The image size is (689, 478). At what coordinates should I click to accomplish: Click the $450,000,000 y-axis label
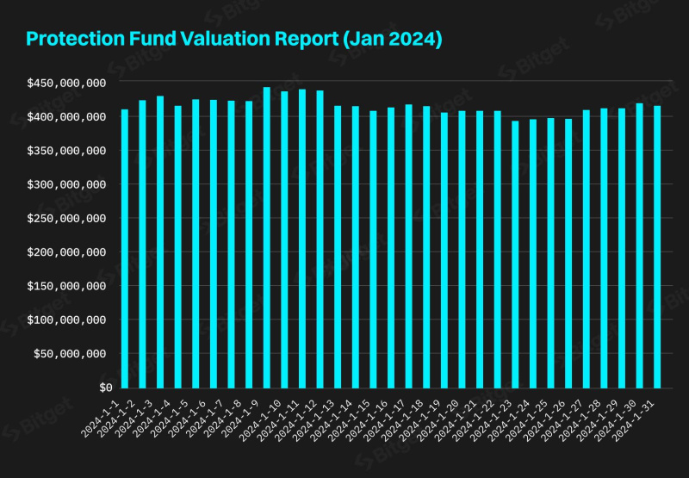tap(66, 83)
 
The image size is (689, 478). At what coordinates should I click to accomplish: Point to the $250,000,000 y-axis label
tap(66, 218)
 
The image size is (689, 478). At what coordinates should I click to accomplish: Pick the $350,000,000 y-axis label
tap(66, 151)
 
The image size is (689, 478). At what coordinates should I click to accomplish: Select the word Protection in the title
tap(71, 40)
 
